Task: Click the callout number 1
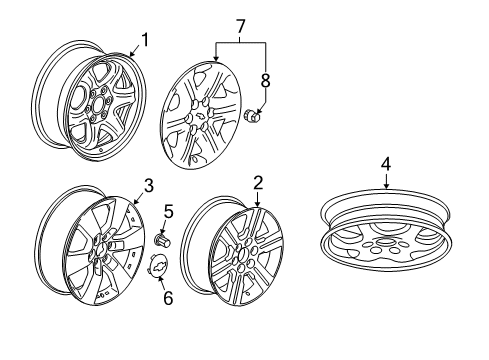(x=145, y=40)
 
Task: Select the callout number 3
(x=147, y=184)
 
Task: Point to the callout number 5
(x=168, y=211)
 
